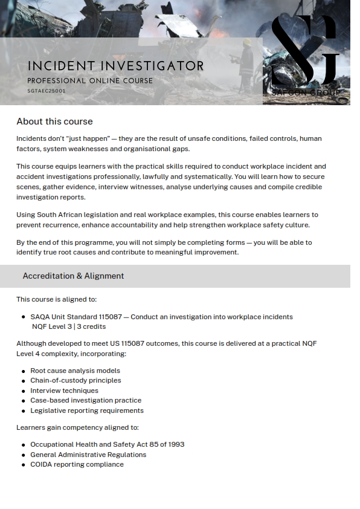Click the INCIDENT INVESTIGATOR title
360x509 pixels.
[115, 66]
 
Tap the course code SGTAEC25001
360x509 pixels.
[47, 91]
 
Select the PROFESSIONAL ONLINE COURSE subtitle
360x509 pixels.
[90, 81]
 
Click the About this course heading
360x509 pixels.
[54, 122]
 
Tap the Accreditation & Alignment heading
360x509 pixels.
[73, 276]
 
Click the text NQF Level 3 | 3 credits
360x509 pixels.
[69, 326]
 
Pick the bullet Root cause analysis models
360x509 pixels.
[75, 371]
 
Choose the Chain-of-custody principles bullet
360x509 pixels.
[76, 380]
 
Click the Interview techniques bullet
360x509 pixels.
[64, 391]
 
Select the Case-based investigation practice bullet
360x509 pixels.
[86, 400]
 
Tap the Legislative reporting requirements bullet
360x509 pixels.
[87, 410]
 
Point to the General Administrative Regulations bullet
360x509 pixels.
[88, 455]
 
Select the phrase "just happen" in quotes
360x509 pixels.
[85, 138]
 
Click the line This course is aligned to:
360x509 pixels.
[56, 299]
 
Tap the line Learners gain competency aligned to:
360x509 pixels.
[77, 427]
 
